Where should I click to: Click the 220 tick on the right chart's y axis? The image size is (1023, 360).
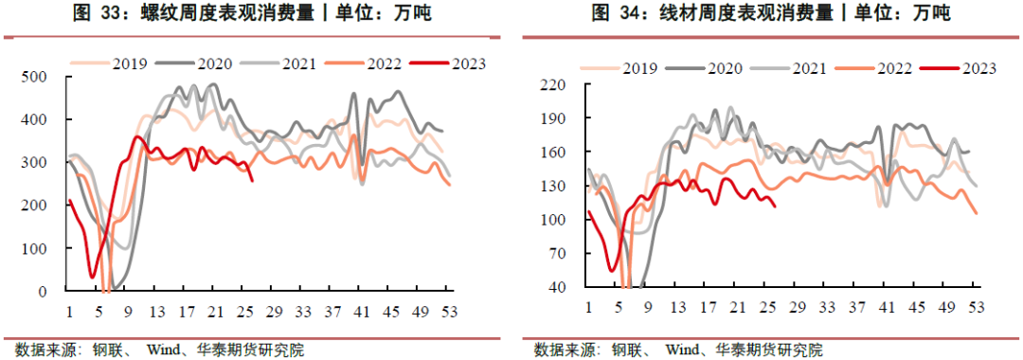point(551,85)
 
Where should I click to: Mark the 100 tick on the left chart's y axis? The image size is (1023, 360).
point(38,248)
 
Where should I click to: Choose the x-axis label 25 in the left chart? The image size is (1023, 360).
point(243,311)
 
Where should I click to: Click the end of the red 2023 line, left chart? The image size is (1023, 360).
point(252,180)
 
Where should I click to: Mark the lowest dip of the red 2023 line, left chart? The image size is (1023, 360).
point(93,277)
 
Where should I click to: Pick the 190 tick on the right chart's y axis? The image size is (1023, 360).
point(551,118)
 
